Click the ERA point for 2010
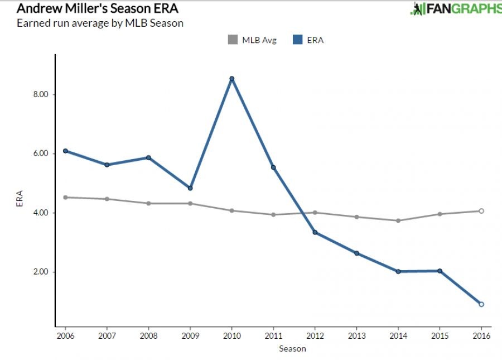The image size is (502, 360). (231, 79)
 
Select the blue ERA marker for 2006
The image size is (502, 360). (65, 151)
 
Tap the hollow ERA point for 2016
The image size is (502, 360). (481, 304)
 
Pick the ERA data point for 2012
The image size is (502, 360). (315, 232)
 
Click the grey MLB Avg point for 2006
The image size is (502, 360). (65, 197)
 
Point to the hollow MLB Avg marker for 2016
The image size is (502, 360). (481, 211)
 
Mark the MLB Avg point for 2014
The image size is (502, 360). (398, 220)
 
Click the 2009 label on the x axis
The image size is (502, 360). (190, 335)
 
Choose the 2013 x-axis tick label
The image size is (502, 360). (356, 335)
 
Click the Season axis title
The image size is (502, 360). (292, 349)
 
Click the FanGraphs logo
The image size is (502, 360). (456, 9)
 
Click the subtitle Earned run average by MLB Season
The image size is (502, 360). (100, 23)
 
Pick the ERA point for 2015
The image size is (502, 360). (440, 271)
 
